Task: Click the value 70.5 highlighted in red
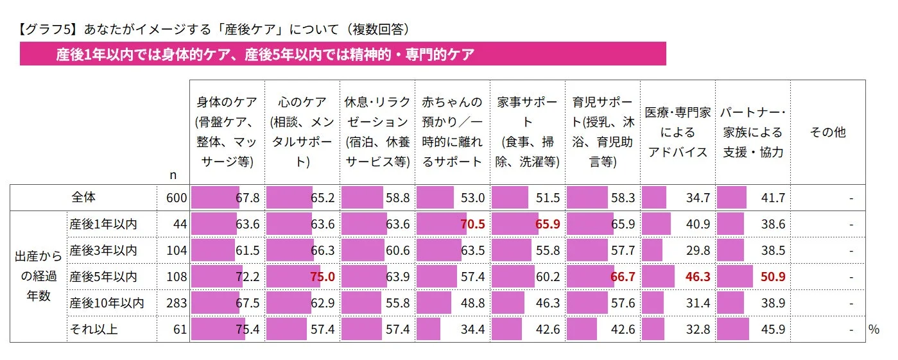point(472,225)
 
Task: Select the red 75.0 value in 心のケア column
point(323,277)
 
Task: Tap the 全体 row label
point(83,198)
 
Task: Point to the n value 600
point(176,198)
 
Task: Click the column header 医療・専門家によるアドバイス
point(677,132)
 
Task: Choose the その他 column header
point(827,132)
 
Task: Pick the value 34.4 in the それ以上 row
point(472,330)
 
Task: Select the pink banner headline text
point(264,55)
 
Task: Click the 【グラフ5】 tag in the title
point(46,29)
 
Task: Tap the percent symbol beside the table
point(873,330)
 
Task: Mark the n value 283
point(176,304)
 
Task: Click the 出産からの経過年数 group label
point(38,277)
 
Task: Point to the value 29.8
point(698,251)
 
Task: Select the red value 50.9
point(773,277)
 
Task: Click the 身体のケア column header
point(227,132)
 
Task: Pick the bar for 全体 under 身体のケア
point(215,198)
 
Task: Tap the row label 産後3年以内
point(103,251)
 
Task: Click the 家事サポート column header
point(527,132)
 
